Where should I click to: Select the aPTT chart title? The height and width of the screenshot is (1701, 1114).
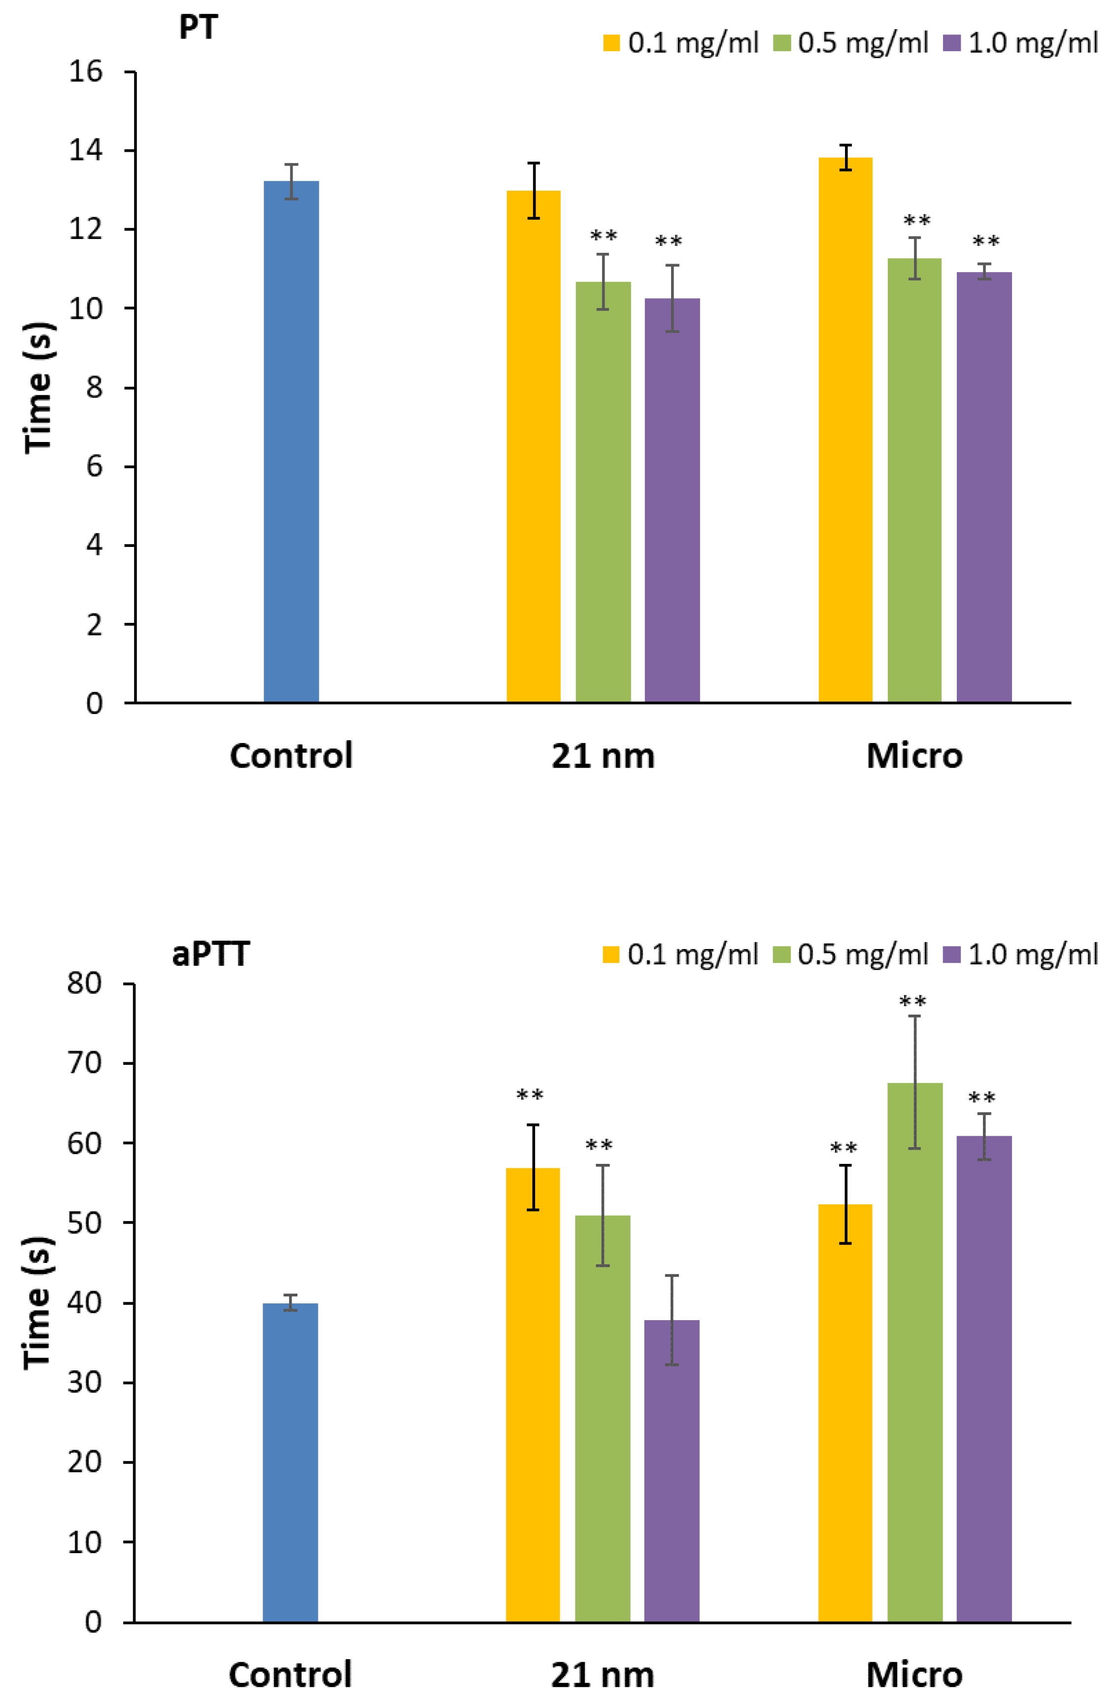(x=211, y=954)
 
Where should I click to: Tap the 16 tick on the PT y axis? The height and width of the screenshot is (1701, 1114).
(x=86, y=71)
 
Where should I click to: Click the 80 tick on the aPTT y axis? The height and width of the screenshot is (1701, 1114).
(x=85, y=984)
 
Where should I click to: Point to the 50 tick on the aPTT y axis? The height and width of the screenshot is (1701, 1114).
(x=85, y=1223)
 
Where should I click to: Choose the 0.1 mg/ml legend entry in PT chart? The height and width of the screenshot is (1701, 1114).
(x=680, y=43)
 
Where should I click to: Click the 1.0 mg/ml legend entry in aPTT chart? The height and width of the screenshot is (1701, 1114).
(x=1020, y=954)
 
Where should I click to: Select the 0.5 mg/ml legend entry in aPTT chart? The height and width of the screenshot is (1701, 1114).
(x=850, y=954)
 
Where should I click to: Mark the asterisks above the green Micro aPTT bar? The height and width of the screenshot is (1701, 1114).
(x=913, y=1001)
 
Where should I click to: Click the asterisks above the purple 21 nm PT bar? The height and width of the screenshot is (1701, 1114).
(x=669, y=241)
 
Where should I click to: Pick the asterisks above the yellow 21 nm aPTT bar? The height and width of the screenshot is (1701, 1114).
(x=530, y=1095)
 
